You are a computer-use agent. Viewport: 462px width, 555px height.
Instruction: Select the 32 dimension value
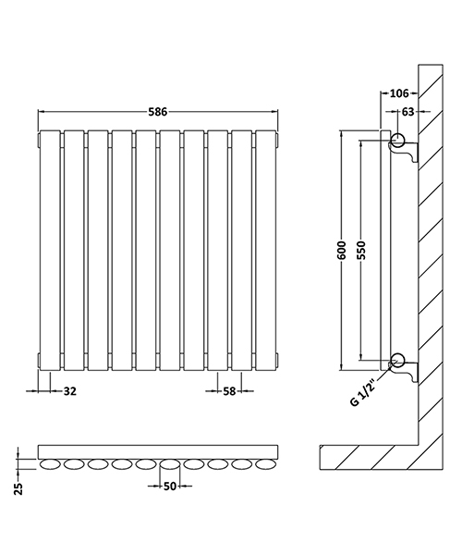coord(69,391)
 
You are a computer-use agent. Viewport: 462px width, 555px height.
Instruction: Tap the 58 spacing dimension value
coord(229,391)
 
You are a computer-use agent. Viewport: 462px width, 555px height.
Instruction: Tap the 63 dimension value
coord(407,112)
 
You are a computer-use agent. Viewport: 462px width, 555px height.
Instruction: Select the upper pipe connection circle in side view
coord(397,141)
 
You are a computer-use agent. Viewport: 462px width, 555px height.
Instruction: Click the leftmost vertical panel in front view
coord(49,250)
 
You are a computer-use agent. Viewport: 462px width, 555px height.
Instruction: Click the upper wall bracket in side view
coord(408,153)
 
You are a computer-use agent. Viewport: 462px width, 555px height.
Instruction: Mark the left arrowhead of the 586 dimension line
coord(41,111)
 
